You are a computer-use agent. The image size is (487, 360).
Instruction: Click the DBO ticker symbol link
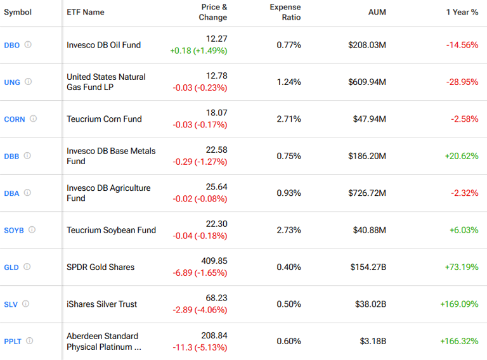pyautogui.click(x=11, y=45)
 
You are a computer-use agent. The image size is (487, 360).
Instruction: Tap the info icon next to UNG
pyautogui.click(x=28, y=82)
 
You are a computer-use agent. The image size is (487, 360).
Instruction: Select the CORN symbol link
pyautogui.click(x=15, y=119)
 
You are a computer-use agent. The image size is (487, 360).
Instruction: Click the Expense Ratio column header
pyautogui.click(x=285, y=12)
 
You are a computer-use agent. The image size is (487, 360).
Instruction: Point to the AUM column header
pyautogui.click(x=377, y=12)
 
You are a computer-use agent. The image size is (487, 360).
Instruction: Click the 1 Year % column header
pyautogui.click(x=462, y=12)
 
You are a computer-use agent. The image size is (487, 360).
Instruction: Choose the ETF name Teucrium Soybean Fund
pyautogui.click(x=111, y=230)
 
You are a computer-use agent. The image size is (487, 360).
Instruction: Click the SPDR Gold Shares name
pyautogui.click(x=100, y=267)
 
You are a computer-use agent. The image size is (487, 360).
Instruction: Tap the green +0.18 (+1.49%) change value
pyautogui.click(x=198, y=51)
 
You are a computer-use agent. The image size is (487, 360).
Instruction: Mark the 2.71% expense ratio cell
pyautogui.click(x=289, y=119)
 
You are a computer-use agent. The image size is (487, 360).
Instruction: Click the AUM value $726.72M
pyautogui.click(x=367, y=193)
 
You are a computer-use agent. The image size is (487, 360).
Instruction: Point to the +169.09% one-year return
pyautogui.click(x=459, y=304)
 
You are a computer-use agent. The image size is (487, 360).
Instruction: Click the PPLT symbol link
pyautogui.click(x=13, y=342)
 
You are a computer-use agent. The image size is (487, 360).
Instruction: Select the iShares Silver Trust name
pyautogui.click(x=101, y=304)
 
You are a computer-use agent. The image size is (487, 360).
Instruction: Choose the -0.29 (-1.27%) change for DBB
pyautogui.click(x=200, y=162)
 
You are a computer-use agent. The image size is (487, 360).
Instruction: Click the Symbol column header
pyautogui.click(x=18, y=12)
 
